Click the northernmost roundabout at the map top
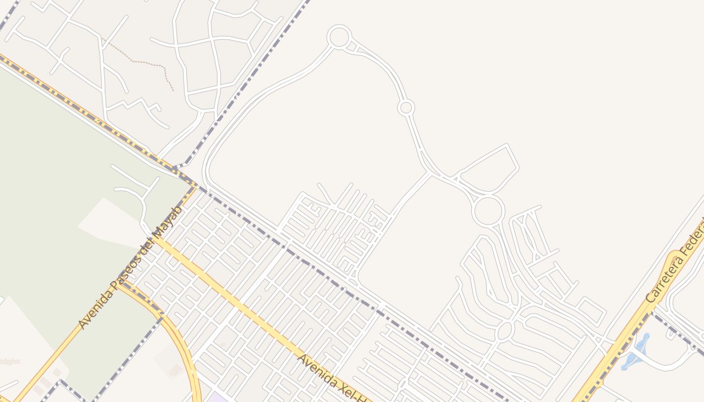coord(339,37)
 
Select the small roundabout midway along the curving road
coord(406,108)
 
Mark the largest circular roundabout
coord(488,211)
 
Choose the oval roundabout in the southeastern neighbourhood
coord(504,331)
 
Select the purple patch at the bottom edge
coord(216,398)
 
